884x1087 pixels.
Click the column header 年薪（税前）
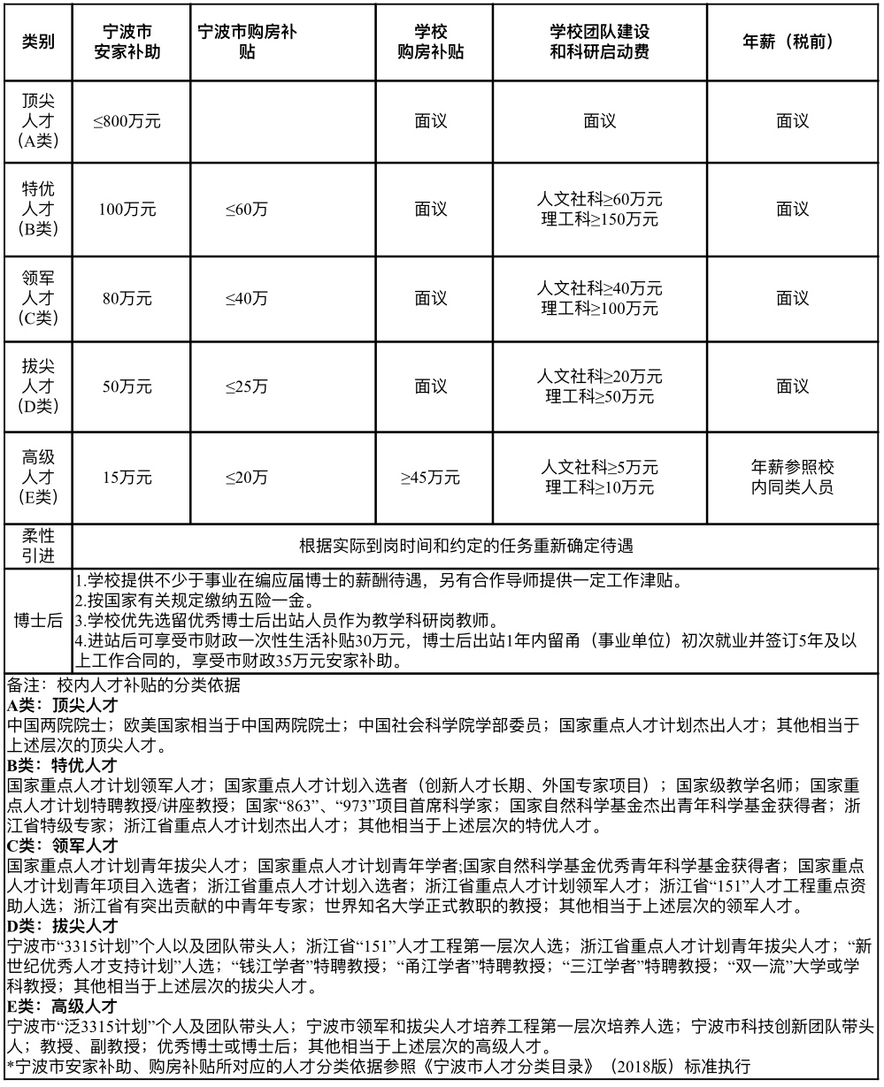pyautogui.click(x=792, y=42)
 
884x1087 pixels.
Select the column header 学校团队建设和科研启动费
pyautogui.click(x=600, y=42)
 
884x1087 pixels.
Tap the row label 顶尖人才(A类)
pyautogui.click(x=38, y=121)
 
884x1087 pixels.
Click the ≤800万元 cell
pyautogui.click(x=127, y=121)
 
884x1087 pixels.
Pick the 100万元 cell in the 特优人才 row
pyautogui.click(x=127, y=210)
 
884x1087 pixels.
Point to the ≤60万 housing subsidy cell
pyautogui.click(x=247, y=210)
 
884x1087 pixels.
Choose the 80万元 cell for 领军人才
pyautogui.click(x=127, y=299)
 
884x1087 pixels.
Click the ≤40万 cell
pyautogui.click(x=247, y=299)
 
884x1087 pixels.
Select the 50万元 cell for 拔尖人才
pyautogui.click(x=127, y=387)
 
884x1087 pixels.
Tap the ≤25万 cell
pyautogui.click(x=247, y=387)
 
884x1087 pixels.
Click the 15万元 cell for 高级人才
pyautogui.click(x=127, y=478)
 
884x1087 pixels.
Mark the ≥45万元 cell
pyautogui.click(x=431, y=478)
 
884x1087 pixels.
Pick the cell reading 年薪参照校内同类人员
pyautogui.click(x=792, y=477)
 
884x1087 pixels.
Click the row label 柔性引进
pyautogui.click(x=38, y=546)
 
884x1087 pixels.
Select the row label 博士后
pyautogui.click(x=38, y=621)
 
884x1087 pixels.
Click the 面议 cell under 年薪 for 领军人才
pyautogui.click(x=792, y=299)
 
